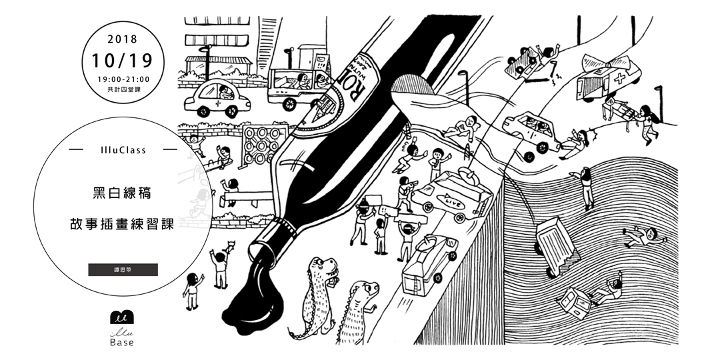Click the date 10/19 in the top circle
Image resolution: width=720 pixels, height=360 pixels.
click(x=123, y=61)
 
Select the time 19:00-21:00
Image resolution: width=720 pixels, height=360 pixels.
click(x=123, y=79)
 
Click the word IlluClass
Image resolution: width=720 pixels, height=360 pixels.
click(x=123, y=151)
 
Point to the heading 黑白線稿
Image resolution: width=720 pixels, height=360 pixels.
click(x=123, y=194)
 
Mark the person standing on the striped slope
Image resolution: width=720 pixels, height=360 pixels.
click(x=585, y=187)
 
